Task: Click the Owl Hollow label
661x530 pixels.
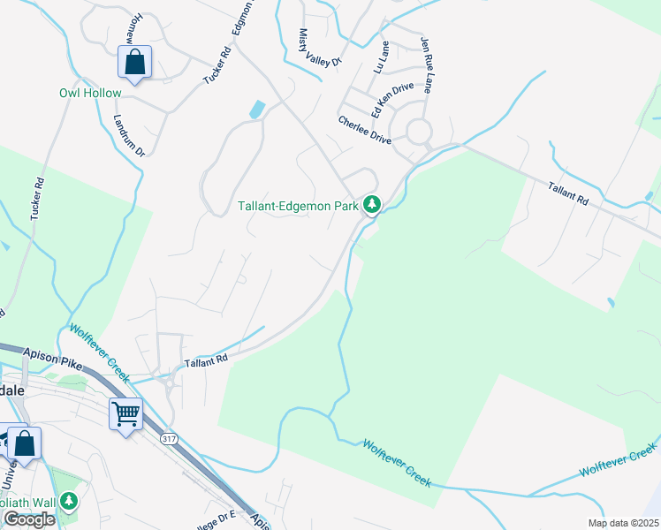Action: [x=90, y=93]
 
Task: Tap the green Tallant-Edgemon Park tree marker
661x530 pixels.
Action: [x=373, y=205]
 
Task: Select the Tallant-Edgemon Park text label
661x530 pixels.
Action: [x=298, y=207]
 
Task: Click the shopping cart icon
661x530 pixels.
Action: [x=125, y=413]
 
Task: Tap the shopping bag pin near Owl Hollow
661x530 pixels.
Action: [x=134, y=63]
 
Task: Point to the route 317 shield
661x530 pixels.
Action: [x=169, y=437]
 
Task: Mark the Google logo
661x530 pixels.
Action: [x=29, y=519]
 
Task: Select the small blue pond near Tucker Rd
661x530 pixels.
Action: [x=257, y=110]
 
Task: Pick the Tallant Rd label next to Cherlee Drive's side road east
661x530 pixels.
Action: [x=567, y=193]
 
